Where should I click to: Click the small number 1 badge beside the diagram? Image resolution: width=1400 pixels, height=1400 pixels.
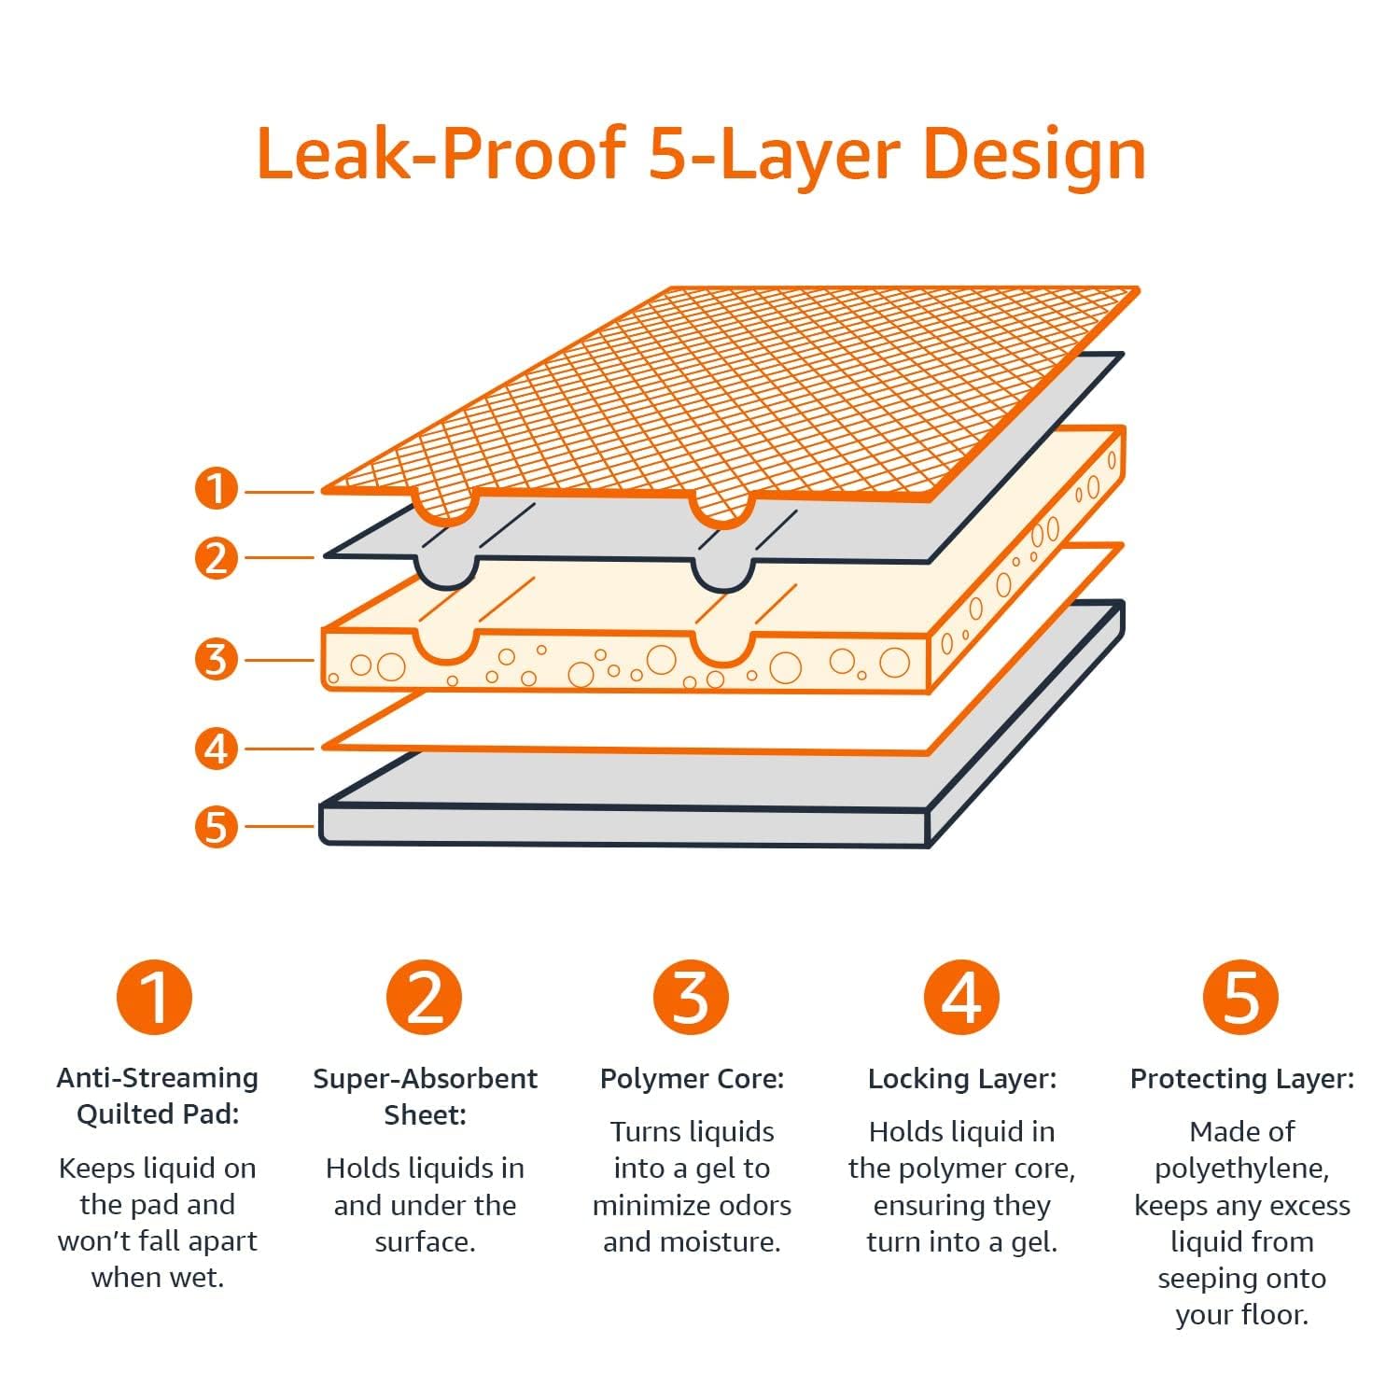216,489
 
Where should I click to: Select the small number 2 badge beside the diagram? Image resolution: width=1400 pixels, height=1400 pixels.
216,558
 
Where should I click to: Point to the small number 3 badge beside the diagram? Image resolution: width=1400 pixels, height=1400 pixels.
216,660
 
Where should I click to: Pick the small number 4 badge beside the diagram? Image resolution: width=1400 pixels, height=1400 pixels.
216,749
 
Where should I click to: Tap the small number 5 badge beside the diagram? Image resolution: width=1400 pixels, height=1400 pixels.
216,827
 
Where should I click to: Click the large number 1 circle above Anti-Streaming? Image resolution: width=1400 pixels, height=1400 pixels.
155,997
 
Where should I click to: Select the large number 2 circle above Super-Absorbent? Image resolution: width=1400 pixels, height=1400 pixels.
425,997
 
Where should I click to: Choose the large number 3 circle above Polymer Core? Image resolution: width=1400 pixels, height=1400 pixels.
692,997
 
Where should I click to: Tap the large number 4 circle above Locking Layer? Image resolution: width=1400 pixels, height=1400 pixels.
961,997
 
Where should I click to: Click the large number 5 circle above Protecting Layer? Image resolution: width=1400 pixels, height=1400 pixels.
1240,997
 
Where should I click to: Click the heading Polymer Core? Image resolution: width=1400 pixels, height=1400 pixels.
692,1079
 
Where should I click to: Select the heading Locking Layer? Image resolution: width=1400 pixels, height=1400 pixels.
961,1079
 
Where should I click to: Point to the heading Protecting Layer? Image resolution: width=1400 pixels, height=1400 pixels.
1241,1079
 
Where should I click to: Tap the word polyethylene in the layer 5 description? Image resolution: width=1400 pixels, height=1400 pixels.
1241,1169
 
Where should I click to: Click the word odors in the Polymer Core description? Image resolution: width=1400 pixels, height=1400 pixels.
752,1206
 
